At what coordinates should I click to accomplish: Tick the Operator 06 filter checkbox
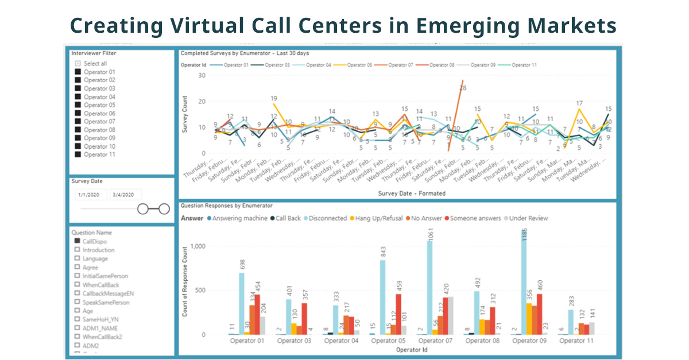78,113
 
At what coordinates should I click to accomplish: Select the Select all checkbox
78,64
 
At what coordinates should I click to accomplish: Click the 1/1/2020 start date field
88,195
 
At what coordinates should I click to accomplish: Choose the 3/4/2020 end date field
123,195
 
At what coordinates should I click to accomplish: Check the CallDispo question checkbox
77,242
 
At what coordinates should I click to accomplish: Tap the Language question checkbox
77,258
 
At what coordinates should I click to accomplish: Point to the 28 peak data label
462,88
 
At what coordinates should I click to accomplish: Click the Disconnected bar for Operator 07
429,287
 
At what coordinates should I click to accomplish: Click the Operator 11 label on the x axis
576,340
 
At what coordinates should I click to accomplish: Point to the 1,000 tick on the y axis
198,246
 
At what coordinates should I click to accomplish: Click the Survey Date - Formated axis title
412,193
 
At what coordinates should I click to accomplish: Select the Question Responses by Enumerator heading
227,205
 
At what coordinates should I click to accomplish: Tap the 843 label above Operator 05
383,251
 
